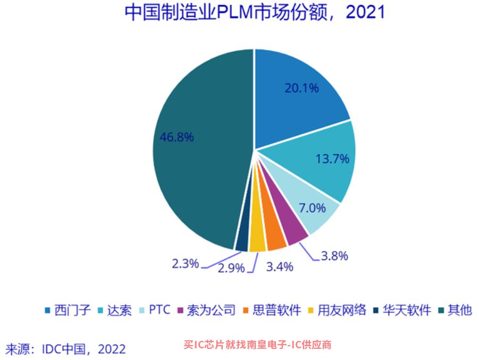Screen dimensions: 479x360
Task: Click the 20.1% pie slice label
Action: pos(301,88)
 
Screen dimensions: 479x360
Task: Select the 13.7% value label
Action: pos(332,158)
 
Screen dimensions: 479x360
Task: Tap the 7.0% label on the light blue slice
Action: pos(312,208)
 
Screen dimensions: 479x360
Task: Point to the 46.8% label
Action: pos(177,137)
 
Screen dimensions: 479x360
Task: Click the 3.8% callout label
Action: pos(334,256)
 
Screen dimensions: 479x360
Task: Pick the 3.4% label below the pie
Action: pos(280,267)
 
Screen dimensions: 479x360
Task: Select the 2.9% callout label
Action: pos(231,268)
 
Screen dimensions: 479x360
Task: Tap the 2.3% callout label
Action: pos(186,263)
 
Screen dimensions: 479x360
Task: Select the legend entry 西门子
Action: pos(68,310)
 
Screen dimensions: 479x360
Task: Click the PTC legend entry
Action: pos(155,310)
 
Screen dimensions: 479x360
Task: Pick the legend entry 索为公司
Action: pos(206,310)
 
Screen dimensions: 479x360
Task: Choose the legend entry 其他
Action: pos(455,310)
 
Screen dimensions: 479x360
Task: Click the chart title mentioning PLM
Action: pos(255,12)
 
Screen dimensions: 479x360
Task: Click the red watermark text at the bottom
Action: pos(257,345)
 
